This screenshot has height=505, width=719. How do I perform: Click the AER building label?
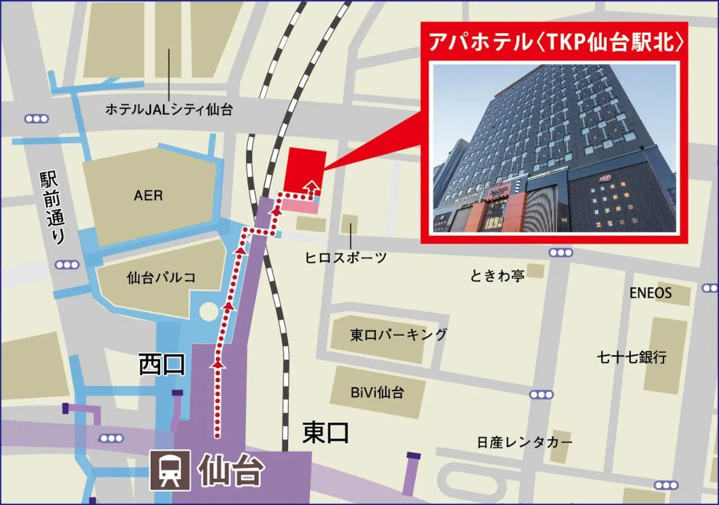(148, 196)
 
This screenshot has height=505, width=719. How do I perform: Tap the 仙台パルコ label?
(161, 277)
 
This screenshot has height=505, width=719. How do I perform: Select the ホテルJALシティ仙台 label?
(169, 109)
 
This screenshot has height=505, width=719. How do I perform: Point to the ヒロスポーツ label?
(346, 258)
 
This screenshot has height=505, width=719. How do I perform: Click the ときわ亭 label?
(497, 276)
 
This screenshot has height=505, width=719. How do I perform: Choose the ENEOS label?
(650, 293)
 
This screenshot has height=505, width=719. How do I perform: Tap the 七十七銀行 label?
(632, 357)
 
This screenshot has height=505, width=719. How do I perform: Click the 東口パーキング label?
(398, 335)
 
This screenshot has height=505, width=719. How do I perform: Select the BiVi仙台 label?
(377, 392)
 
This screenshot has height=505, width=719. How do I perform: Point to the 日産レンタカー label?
(525, 442)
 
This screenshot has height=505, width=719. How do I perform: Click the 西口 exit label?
(162, 365)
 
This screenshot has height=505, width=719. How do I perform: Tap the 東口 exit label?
(326, 433)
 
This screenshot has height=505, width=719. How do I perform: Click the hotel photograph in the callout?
(554, 148)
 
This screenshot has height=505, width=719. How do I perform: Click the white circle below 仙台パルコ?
(208, 311)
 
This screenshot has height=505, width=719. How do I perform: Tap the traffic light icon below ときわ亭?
(541, 394)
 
